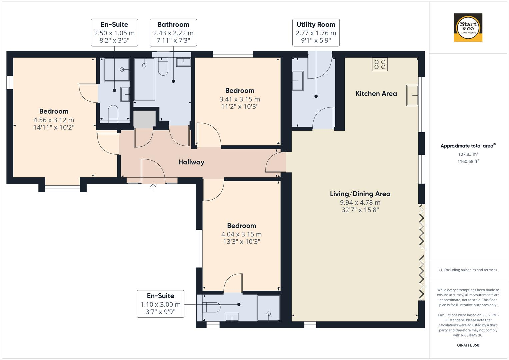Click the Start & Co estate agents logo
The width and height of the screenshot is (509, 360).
tap(468, 27)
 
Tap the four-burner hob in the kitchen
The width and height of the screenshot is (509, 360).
tap(380, 64)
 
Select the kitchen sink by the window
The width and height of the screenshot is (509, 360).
tap(412, 95)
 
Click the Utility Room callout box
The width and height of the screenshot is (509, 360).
tap(316, 33)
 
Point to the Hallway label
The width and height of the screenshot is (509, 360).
tap(191, 162)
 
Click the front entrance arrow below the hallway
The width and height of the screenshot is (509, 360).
tap(153, 186)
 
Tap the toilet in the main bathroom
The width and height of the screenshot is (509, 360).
tap(163, 66)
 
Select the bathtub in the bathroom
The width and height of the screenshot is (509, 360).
tap(144, 79)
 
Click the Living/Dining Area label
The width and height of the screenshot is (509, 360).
tap(360, 194)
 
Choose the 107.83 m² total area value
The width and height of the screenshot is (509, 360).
tap(468, 154)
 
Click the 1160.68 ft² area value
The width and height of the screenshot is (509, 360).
tap(468, 161)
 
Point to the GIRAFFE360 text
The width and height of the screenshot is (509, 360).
tap(468, 345)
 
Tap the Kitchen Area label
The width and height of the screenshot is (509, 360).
tap(376, 94)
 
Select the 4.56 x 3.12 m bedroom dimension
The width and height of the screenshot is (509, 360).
tap(54, 120)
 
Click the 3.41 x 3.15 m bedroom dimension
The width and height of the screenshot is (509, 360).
tap(240, 99)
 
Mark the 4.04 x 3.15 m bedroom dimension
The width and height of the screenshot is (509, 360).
tap(242, 234)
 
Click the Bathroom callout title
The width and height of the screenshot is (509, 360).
tap(173, 24)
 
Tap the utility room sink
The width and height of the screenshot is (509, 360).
tap(297, 81)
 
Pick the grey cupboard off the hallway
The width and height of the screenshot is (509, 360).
tap(144, 119)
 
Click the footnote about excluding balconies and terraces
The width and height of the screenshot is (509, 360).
tap(468, 270)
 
